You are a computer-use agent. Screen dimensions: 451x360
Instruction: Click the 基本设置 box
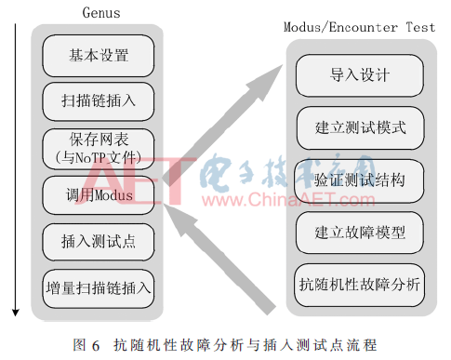pyautogui.click(x=99, y=56)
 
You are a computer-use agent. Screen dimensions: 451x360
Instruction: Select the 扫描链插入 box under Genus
pyautogui.click(x=99, y=101)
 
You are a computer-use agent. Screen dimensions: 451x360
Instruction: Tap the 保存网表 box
pyautogui.click(x=99, y=149)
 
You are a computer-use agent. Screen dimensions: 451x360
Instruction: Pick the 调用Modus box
pyautogui.click(x=99, y=195)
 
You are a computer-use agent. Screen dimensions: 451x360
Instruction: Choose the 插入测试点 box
pyautogui.click(x=99, y=242)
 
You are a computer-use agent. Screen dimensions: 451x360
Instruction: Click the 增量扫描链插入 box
pyautogui.click(x=99, y=288)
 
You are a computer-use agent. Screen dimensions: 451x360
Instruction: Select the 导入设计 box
pyautogui.click(x=360, y=75)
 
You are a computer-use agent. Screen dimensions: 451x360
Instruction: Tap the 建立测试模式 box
pyautogui.click(x=360, y=127)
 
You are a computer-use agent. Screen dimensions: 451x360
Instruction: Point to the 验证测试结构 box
pyautogui.click(x=360, y=180)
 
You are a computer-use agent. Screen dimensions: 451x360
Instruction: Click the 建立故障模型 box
pyautogui.click(x=360, y=233)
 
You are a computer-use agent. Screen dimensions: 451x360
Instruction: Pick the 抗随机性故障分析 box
pyautogui.click(x=360, y=285)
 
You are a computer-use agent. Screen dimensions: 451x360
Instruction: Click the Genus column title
pyautogui.click(x=101, y=13)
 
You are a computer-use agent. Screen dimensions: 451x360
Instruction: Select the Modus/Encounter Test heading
pyautogui.click(x=360, y=27)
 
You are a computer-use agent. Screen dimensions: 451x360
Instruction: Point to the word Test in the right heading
pyautogui.click(x=421, y=27)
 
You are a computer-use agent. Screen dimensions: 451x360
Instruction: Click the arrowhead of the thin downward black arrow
pyautogui.click(x=16, y=313)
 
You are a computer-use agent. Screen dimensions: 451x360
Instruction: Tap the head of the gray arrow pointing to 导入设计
pyautogui.click(x=269, y=79)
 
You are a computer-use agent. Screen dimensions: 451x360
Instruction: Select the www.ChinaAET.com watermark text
pyautogui.click(x=288, y=200)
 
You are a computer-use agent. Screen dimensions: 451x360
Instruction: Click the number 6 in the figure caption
pyautogui.click(x=96, y=345)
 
